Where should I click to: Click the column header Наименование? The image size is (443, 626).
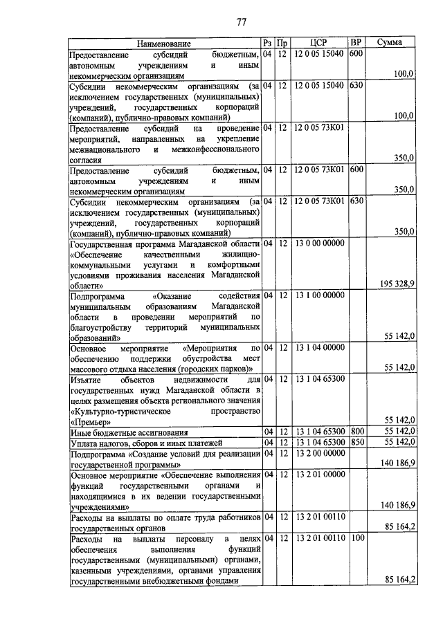click(163, 43)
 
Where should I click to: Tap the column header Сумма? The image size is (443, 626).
click(391, 43)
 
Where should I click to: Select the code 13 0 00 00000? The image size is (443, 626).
click(318, 243)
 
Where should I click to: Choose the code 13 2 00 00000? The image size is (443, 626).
click(318, 454)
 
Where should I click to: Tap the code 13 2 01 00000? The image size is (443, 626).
click(318, 475)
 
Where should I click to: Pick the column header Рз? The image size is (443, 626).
click(267, 43)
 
